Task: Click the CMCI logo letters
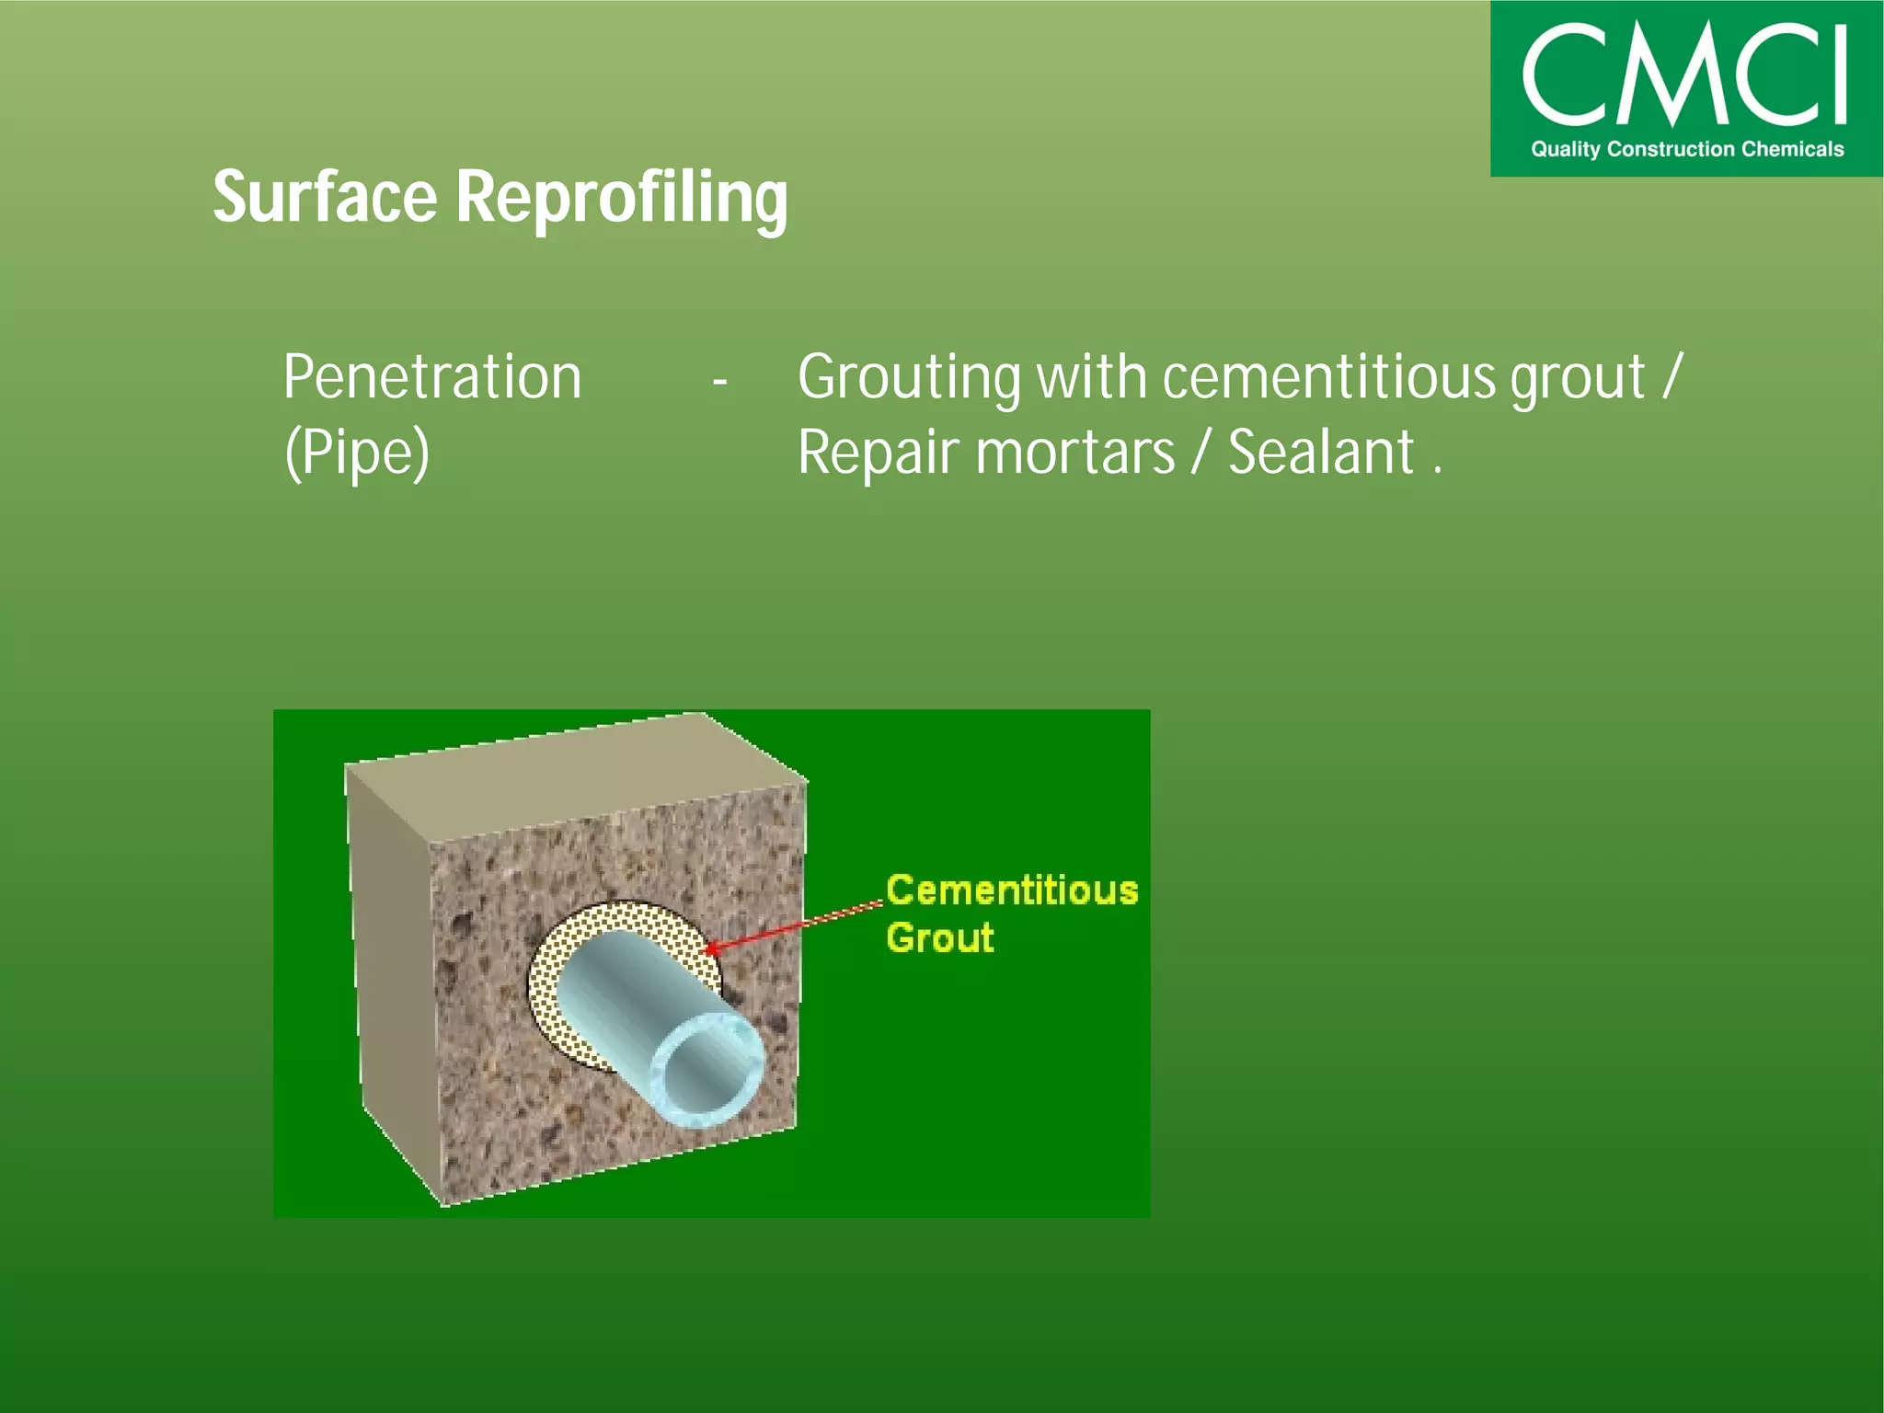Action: point(1684,75)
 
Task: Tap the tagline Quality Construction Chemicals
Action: point(1687,149)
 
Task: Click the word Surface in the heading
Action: point(325,197)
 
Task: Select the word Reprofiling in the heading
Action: point(622,199)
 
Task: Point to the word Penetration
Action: point(432,377)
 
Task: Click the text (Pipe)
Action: point(357,453)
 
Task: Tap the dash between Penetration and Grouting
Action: point(719,380)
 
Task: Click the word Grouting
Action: point(908,379)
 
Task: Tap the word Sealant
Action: point(1320,453)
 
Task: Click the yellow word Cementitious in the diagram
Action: point(1012,890)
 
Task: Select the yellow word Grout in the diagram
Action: point(939,938)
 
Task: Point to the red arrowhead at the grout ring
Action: point(710,948)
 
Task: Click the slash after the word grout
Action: point(1671,377)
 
